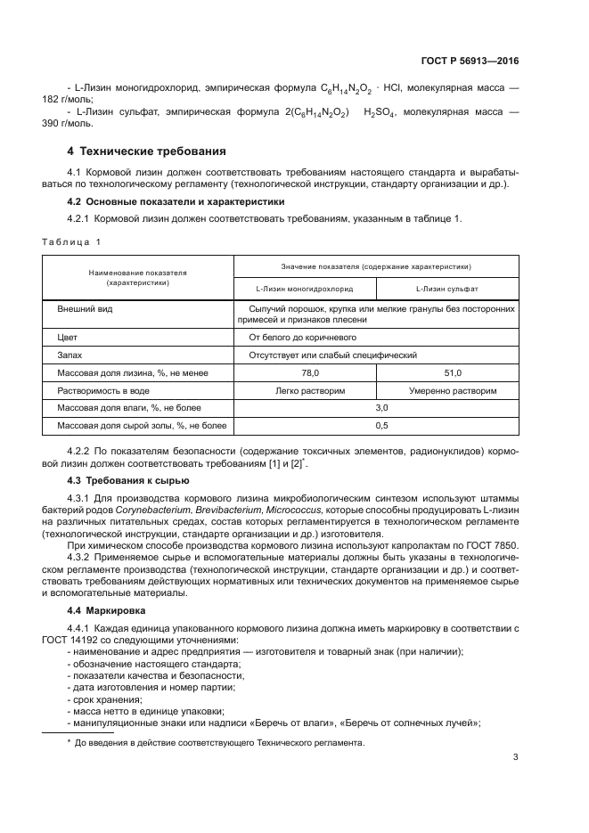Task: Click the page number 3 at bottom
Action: pos(516,758)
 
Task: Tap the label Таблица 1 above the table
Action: pos(73,241)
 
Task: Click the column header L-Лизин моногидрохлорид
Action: pos(305,290)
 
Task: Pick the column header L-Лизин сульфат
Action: pos(447,290)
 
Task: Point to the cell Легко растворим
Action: pos(305,390)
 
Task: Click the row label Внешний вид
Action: pos(85,309)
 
